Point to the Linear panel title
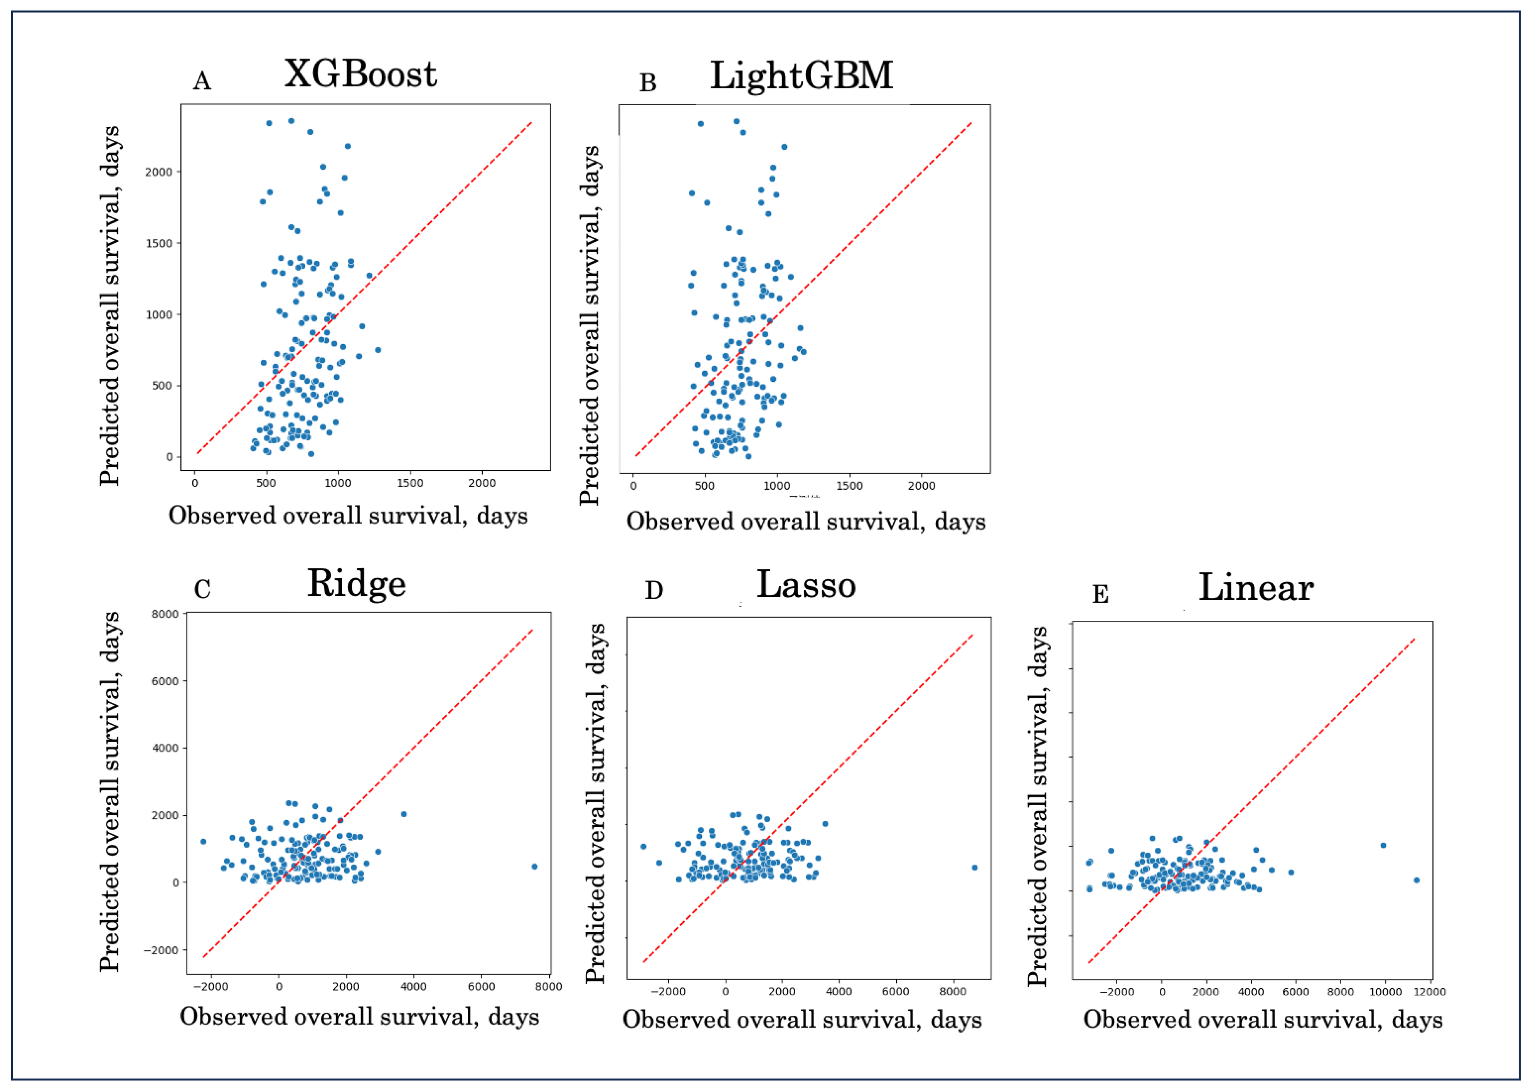[1255, 588]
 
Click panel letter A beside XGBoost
[202, 81]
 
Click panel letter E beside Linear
[1100, 595]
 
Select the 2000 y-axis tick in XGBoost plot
[158, 172]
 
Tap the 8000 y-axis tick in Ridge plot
[165, 614]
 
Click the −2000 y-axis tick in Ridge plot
[161, 950]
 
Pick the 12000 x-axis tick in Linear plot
[1429, 992]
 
